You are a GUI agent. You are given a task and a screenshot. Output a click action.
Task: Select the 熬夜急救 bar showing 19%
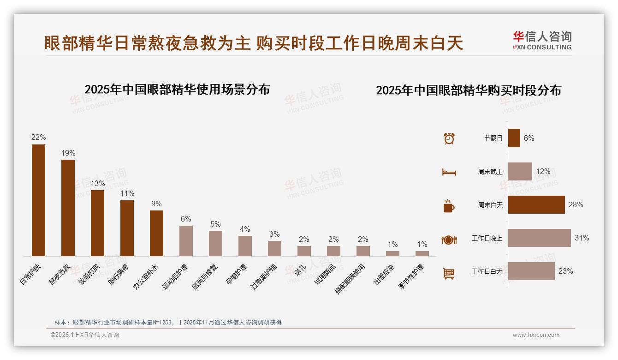pos(68,208)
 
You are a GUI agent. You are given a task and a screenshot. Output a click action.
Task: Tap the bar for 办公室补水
pos(156,233)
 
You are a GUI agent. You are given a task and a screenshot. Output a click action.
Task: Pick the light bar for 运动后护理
pos(186,240)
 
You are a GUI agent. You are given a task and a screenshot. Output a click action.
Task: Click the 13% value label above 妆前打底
pos(97,183)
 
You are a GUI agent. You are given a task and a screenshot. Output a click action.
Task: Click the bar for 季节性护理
pos(422,253)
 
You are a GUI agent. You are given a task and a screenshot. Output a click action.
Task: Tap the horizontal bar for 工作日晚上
pos(539,238)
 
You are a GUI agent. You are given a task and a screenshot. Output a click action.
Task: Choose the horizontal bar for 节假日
pos(514,138)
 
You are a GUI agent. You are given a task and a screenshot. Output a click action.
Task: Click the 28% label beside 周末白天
pos(576,204)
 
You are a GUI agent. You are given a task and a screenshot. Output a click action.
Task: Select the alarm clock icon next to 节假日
pos(449,138)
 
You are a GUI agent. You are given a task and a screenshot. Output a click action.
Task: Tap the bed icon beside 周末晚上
pos(449,172)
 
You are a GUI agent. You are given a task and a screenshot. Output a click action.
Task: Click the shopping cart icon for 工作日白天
pos(449,273)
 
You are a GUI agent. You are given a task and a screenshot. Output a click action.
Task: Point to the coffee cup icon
pos(449,206)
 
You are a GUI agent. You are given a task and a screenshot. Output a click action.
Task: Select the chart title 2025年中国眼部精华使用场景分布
pos(177,89)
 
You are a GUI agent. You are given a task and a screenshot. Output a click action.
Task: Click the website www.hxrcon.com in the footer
pos(535,335)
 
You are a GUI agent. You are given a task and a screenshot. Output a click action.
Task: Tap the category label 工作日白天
pos(487,271)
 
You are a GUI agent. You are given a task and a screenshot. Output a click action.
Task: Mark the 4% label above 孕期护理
pos(245,229)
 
